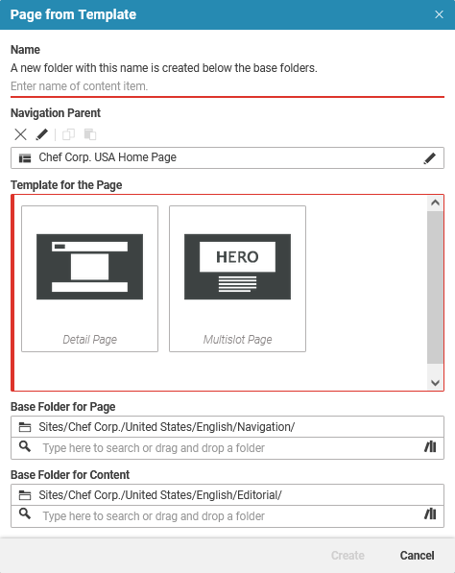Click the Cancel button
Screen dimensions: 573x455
click(417, 556)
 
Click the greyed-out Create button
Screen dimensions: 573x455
click(347, 556)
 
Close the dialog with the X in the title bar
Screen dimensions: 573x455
click(439, 15)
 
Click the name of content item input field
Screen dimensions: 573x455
click(227, 86)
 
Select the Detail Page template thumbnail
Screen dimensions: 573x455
click(89, 278)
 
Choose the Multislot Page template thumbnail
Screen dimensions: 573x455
click(237, 278)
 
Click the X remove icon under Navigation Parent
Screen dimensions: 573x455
click(21, 134)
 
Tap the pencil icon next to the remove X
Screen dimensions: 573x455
click(42, 134)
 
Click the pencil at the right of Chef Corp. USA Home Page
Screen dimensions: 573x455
click(429, 158)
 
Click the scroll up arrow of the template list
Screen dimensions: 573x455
click(435, 203)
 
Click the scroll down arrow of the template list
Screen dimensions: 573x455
click(435, 382)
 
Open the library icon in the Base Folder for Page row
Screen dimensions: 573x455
click(429, 447)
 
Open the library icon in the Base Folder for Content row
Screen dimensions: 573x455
click(429, 515)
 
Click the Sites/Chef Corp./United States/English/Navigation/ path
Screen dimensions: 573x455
click(167, 427)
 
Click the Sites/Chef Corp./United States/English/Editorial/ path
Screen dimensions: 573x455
click(160, 495)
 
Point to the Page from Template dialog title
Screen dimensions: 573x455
click(73, 15)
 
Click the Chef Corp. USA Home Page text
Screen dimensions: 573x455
click(108, 158)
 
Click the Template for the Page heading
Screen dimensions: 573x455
click(66, 184)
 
